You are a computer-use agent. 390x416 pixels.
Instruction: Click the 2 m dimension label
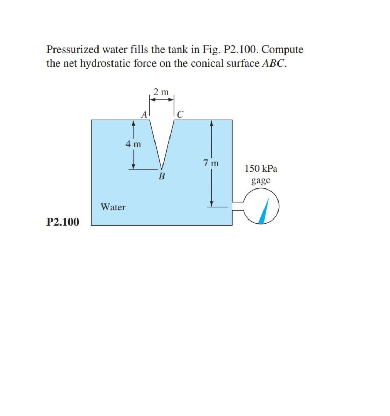click(x=161, y=92)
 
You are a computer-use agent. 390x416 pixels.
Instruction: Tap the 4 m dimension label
click(x=133, y=144)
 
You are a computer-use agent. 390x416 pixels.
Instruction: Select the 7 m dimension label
click(x=211, y=163)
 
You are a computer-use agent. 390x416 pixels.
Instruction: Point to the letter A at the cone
click(x=144, y=114)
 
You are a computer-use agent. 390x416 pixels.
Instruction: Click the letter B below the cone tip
click(x=161, y=176)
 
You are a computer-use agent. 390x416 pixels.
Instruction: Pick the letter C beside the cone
click(x=180, y=114)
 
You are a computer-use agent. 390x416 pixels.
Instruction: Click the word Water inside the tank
click(x=113, y=207)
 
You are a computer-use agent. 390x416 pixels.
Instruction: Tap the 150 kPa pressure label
click(x=261, y=169)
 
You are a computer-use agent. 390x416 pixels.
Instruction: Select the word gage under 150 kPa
click(x=261, y=181)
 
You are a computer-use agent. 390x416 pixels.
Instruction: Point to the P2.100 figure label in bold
click(x=63, y=222)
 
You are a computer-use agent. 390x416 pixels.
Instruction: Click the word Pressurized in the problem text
click(x=73, y=50)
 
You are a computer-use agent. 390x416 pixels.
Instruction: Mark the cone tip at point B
click(x=161, y=169)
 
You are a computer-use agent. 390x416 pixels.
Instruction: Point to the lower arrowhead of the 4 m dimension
click(x=133, y=166)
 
